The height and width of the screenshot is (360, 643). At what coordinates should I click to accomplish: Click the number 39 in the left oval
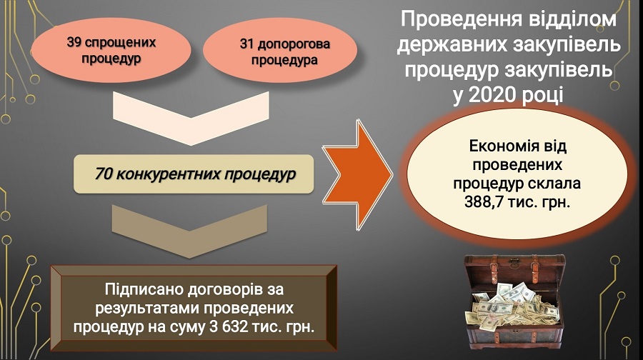pos(75,42)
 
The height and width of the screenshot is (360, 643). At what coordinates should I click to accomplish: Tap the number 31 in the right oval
pos(248,44)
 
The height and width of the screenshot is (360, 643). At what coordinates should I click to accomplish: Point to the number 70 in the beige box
pos(104,174)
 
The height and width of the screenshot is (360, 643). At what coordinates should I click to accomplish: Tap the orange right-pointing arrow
pos(357,174)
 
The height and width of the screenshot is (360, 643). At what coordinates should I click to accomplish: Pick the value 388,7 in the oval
pos(483,201)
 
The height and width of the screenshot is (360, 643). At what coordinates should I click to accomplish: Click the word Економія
pos(494,146)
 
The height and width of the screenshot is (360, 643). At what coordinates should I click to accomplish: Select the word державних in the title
pos(448,45)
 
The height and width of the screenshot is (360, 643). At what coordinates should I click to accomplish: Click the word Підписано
pos(144,289)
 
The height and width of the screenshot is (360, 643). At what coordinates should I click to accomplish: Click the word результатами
pos(146,308)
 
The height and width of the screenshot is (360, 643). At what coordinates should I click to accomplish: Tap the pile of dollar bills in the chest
pos(512,306)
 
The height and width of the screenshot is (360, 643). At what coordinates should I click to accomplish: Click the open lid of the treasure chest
pos(515,271)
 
